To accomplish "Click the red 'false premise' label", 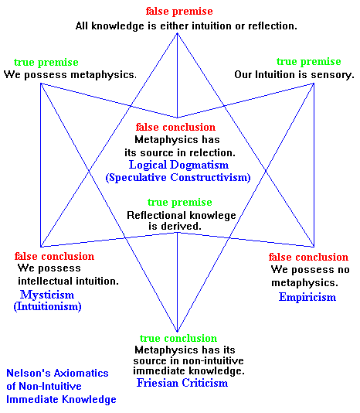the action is pos(179,12).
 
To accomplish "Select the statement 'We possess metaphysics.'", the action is pos(70,74).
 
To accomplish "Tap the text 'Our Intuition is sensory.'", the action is pos(294,74).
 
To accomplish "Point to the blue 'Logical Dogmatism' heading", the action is pos(178,166).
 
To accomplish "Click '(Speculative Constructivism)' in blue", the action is pos(178,177).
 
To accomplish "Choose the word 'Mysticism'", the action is pos(47,295).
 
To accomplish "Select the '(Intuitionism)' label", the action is pos(47,306).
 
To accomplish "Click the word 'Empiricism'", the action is pos(307,297).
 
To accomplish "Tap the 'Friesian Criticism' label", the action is pos(182,383).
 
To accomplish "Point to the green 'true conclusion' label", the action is pos(178,338).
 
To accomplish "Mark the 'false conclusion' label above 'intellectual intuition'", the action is pos(54,256).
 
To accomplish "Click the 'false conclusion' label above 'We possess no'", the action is pos(308,257).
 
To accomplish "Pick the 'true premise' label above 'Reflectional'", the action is pos(180,203).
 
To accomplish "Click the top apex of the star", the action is pos(177,33).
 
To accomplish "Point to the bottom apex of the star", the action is pos(177,332).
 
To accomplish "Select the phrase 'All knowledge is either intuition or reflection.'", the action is pos(186,26).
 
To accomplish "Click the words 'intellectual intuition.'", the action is pos(68,282).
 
